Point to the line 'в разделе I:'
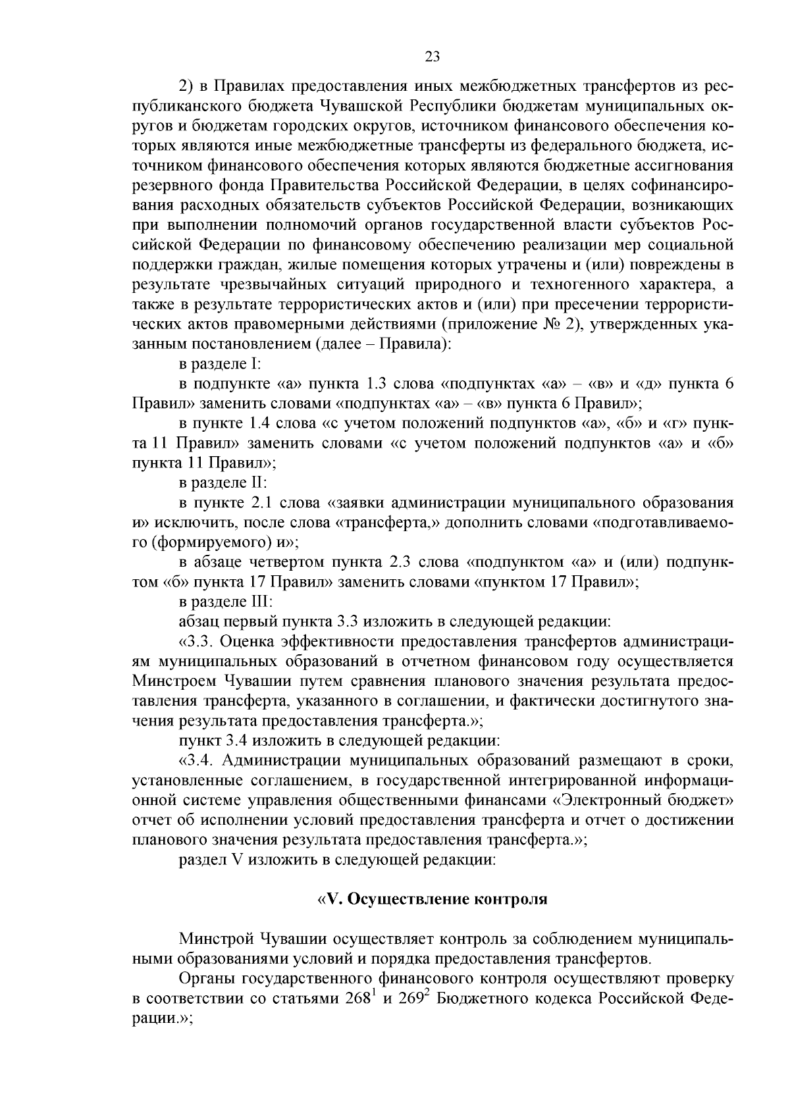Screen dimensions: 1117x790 [221, 364]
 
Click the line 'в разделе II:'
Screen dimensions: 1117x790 [223, 482]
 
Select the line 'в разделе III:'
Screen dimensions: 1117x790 [225, 601]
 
